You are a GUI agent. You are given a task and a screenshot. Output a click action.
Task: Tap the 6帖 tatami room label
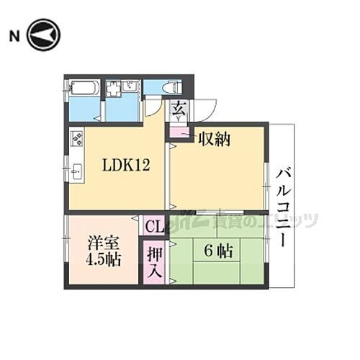click(217, 252)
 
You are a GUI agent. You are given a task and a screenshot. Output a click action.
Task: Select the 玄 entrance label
click(177, 109)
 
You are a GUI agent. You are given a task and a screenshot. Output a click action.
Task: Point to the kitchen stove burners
click(76, 137)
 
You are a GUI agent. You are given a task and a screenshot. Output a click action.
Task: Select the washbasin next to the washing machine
click(130, 87)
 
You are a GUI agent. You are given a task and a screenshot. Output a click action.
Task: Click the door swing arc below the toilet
click(153, 107)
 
